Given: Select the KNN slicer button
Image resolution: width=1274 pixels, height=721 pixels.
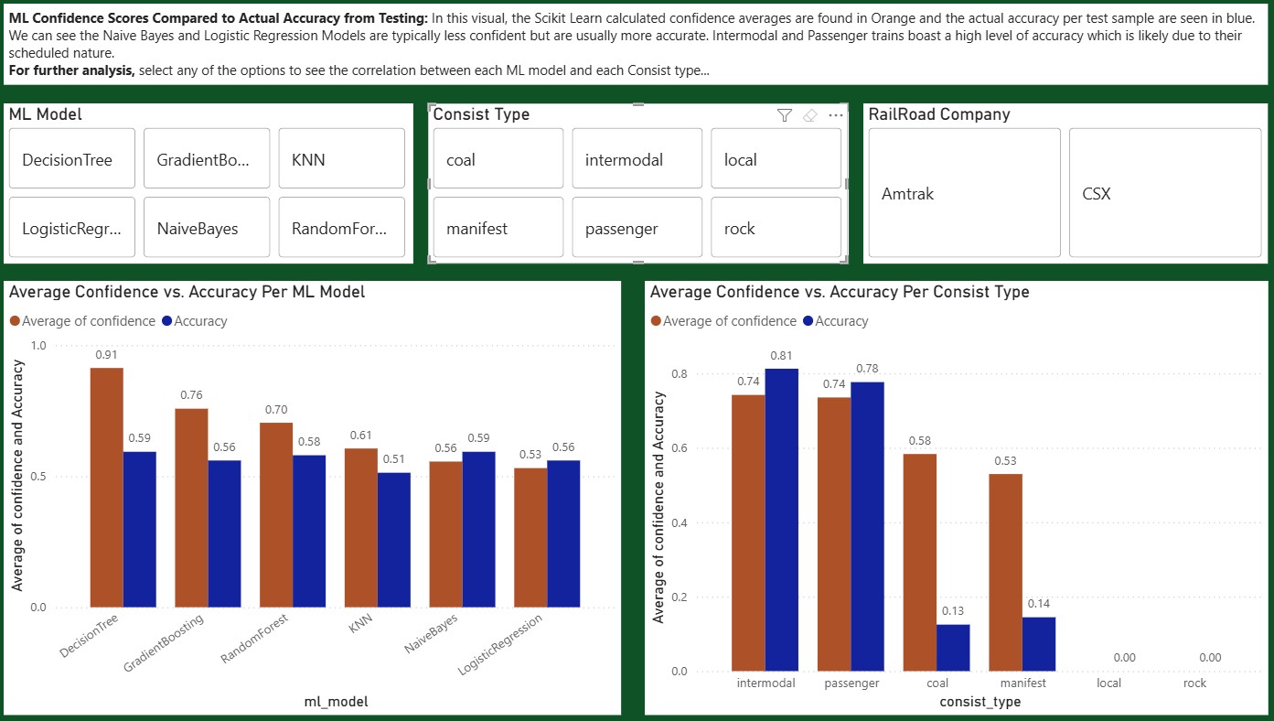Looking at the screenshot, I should tap(341, 159).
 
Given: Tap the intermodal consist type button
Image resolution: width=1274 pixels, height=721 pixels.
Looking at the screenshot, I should tap(637, 159).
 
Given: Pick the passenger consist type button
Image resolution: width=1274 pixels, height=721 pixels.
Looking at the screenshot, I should tap(637, 228).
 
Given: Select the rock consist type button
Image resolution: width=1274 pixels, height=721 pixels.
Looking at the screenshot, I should tap(776, 228).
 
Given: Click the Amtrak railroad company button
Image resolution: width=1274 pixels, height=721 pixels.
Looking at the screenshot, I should tap(964, 193).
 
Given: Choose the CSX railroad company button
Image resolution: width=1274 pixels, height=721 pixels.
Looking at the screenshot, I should tap(1165, 193).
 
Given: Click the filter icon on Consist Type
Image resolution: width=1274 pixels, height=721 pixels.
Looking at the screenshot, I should tap(784, 115).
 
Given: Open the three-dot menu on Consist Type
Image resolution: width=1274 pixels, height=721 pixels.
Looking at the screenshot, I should tap(835, 115).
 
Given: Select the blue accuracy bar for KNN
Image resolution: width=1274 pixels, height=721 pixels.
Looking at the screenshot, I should tap(394, 540).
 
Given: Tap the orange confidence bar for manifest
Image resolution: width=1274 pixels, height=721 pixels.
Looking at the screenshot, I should tap(1005, 573).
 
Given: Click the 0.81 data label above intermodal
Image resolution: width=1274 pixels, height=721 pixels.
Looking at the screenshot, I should tap(781, 356).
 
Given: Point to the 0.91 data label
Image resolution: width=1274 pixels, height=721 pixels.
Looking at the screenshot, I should tap(106, 355).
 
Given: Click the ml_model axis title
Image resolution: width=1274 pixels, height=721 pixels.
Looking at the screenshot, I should tap(336, 702).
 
